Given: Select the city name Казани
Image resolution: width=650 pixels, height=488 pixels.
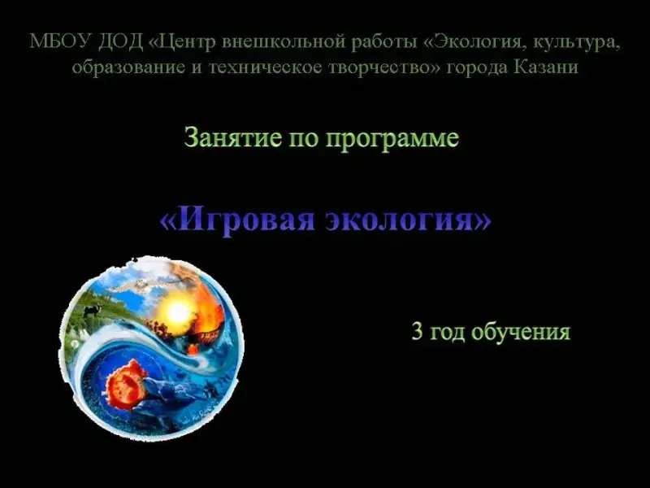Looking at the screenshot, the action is [546, 67].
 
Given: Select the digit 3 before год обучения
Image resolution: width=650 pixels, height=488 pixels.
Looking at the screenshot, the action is [417, 331].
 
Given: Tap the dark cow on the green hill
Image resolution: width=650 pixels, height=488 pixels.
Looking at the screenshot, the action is [91, 311].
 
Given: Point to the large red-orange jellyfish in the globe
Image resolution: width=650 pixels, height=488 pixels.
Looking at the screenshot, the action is [128, 383].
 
